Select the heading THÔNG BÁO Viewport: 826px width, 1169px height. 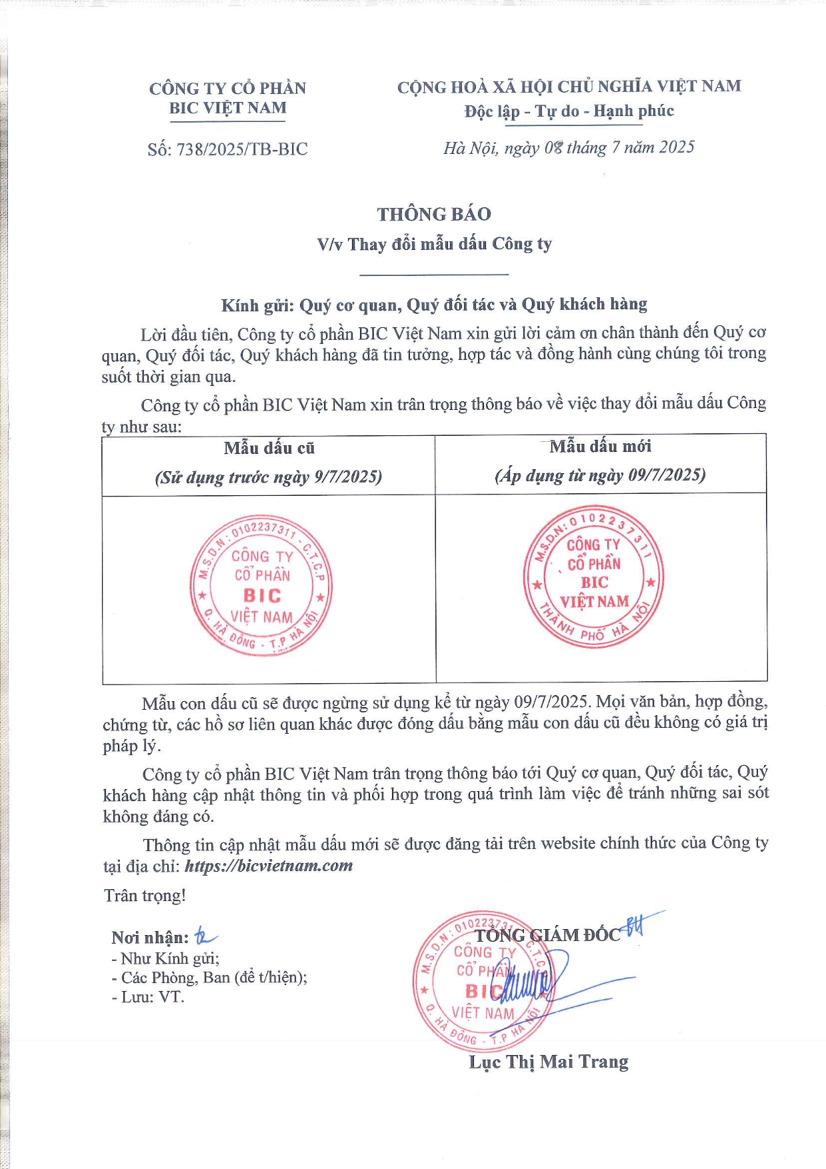(434, 214)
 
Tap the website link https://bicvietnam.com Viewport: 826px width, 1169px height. (269, 866)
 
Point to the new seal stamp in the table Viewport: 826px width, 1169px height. (594, 577)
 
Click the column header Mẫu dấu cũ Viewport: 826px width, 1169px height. (269, 448)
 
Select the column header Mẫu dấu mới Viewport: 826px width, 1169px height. (600, 447)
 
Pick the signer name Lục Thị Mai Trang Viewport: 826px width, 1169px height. (549, 1062)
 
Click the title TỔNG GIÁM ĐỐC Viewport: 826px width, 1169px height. (547, 935)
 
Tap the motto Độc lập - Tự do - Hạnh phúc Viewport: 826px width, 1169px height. (569, 111)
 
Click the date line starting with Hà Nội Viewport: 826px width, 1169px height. (569, 147)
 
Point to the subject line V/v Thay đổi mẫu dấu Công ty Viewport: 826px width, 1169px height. (434, 244)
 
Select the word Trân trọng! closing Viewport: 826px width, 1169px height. (145, 896)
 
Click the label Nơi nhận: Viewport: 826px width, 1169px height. (150, 938)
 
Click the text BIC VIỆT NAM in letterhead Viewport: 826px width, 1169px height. (227, 108)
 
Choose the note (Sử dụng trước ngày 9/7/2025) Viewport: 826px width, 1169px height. (268, 477)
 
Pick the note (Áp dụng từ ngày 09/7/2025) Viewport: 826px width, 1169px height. (600, 475)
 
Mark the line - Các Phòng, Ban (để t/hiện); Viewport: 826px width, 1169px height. (209, 978)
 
